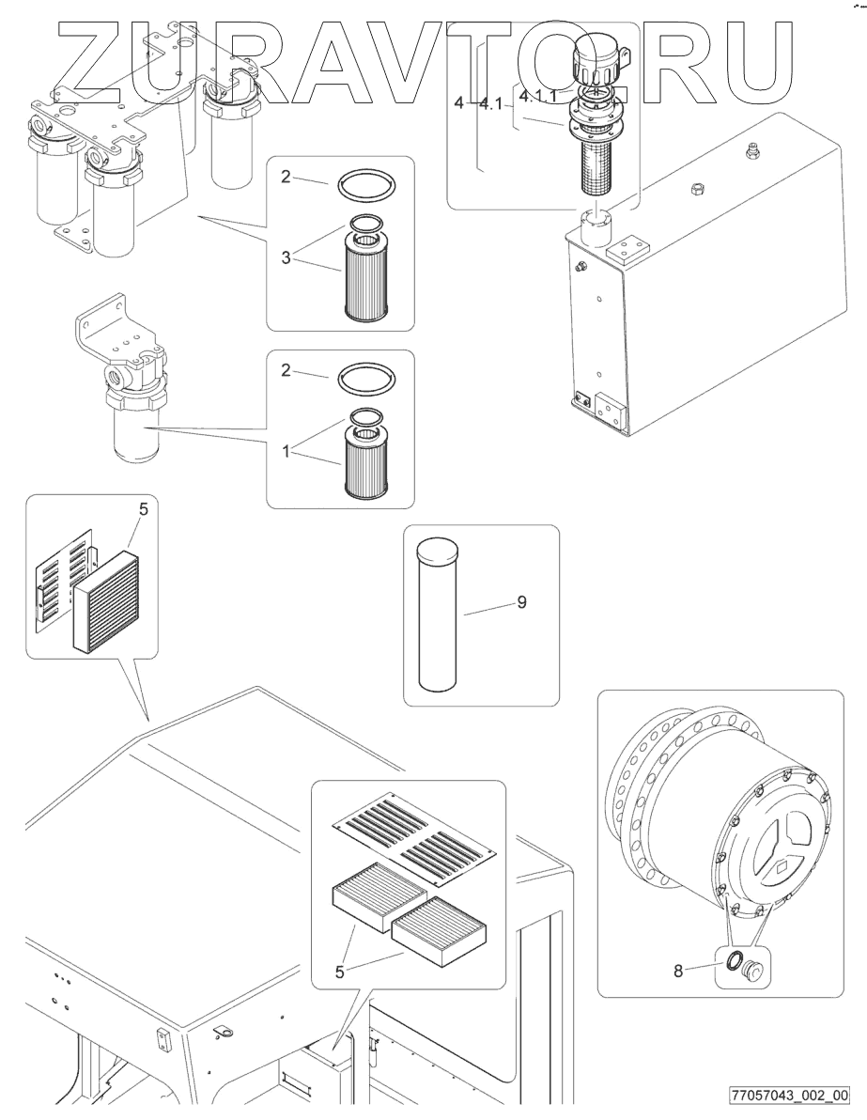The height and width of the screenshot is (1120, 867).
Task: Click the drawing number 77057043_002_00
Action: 789,1095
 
